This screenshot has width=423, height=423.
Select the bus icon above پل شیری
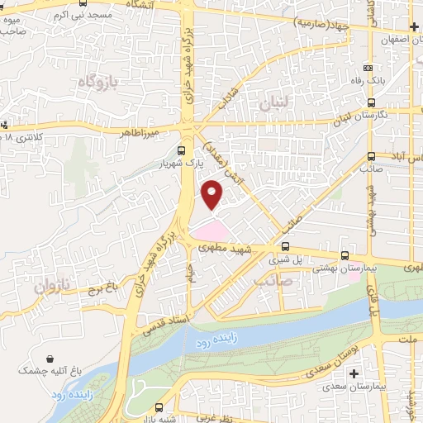(x=286, y=245)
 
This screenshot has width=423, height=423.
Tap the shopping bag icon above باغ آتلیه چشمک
(x=54, y=359)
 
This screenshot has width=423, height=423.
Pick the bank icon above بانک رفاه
(x=368, y=69)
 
